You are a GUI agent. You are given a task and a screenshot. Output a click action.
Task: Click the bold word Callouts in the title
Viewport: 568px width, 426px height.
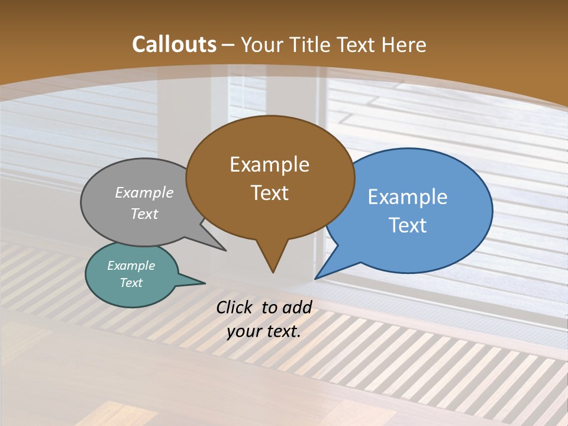point(174,44)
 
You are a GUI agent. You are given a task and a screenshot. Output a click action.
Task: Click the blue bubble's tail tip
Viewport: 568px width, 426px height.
point(316,278)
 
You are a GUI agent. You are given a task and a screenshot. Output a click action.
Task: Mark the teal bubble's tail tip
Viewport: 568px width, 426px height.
point(204,283)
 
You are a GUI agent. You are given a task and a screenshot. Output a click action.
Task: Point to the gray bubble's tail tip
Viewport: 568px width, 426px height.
point(225,250)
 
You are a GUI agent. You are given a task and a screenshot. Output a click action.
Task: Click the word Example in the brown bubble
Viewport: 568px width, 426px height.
point(269,164)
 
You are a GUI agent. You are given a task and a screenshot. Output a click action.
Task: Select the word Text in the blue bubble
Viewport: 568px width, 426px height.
point(408,225)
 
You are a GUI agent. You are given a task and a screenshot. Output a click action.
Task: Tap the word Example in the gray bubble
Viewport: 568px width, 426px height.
point(144,192)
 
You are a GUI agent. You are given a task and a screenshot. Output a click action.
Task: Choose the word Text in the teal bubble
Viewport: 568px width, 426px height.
point(131,283)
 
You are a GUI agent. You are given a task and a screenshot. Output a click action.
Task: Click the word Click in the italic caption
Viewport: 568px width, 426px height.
point(235,307)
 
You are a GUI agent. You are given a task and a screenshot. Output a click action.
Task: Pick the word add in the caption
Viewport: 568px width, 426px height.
point(297,307)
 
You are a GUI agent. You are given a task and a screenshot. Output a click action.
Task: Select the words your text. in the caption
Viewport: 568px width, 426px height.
point(264,331)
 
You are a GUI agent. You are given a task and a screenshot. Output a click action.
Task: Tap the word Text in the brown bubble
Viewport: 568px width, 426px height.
point(270,193)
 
